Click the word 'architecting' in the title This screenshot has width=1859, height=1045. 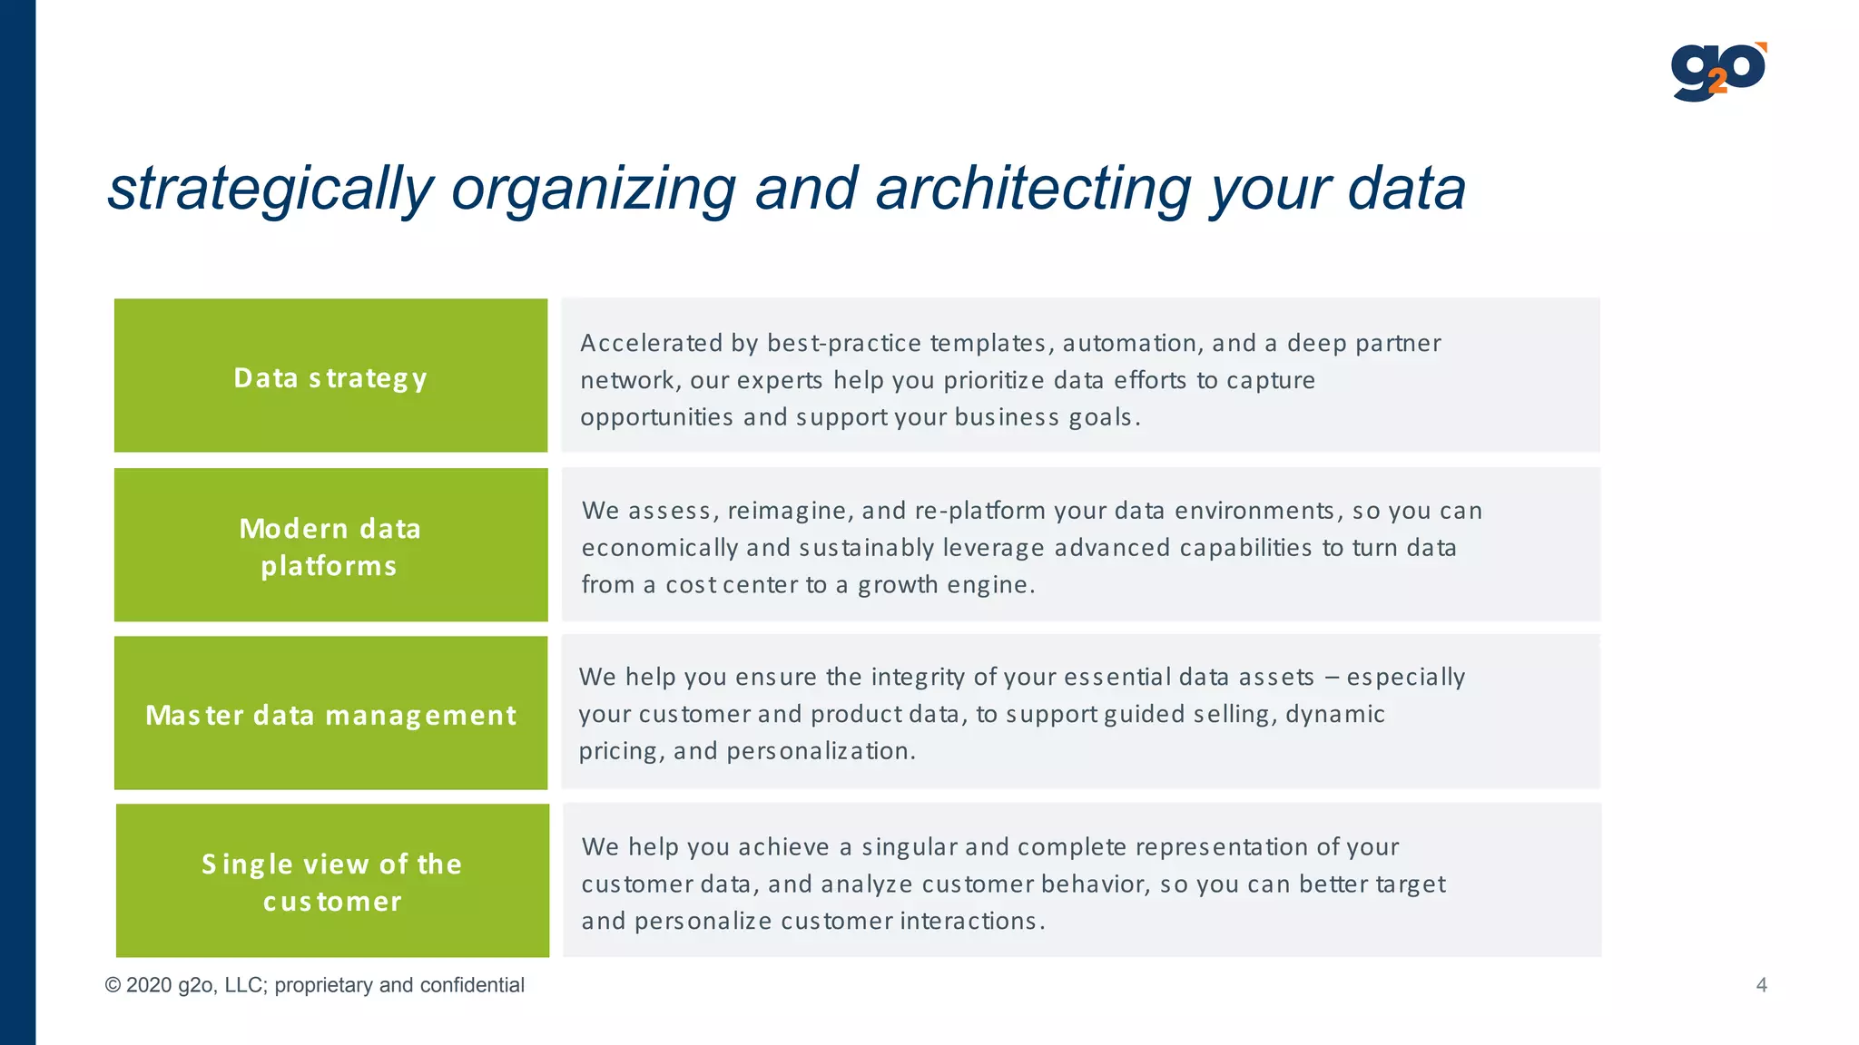coord(1033,189)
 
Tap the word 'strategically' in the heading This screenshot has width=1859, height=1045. coord(270,189)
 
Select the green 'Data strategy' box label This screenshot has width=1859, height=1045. coord(330,377)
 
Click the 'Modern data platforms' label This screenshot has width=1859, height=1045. coord(330,547)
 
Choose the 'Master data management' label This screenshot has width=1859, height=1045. coord(330,715)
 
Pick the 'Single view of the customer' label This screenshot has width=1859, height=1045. coord(332,882)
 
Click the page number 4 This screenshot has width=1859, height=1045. coord(1761,985)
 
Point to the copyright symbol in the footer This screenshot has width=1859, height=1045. coord(113,985)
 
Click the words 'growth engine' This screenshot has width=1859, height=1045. coord(944,585)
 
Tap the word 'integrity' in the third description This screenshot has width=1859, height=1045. coord(918,677)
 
